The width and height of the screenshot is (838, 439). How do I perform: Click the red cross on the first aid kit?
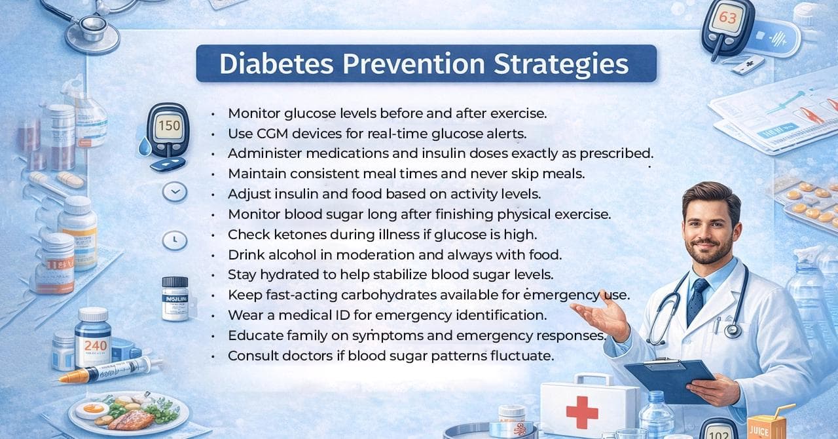[582, 412]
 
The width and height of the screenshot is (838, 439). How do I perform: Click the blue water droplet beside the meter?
[145, 147]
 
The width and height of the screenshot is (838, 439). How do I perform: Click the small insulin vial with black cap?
[175, 299]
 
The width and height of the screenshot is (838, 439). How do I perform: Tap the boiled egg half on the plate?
[92, 410]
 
